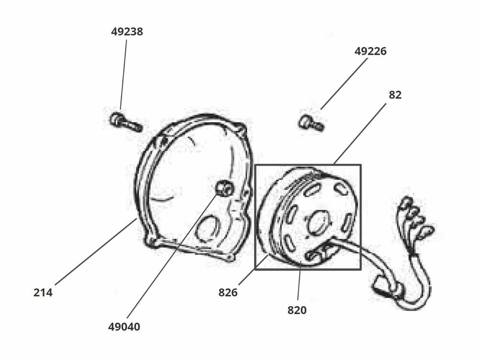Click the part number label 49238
[x=127, y=32]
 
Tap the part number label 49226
[x=370, y=51]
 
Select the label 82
[x=395, y=95]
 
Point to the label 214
[x=43, y=292]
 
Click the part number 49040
[x=124, y=327]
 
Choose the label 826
[x=228, y=292]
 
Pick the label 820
[x=297, y=310]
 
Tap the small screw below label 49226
[x=311, y=123]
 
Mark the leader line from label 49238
[x=124, y=74]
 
